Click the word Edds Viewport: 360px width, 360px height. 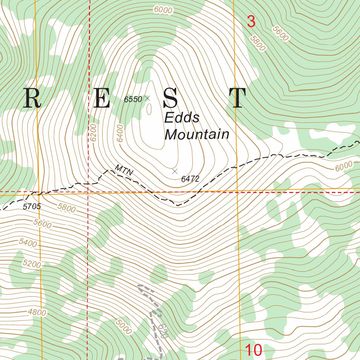[182, 118]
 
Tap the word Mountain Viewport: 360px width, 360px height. [197, 134]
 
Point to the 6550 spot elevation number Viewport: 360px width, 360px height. [133, 99]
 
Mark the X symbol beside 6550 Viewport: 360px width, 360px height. [147, 98]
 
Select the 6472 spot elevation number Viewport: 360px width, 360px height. [190, 179]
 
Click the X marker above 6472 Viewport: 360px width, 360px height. [175, 171]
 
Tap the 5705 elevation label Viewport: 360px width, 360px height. [32, 207]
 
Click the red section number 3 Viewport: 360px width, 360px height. [251, 22]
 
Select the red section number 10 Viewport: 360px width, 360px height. [253, 350]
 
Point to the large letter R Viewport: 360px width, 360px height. [32, 98]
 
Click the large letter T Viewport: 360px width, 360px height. [237, 98]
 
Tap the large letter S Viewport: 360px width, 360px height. [171, 98]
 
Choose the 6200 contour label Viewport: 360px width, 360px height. [93, 133]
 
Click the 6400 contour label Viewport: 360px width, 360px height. [121, 133]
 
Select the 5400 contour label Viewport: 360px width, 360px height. [28, 243]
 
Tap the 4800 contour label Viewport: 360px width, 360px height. [37, 312]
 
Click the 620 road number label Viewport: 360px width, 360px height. [162, 331]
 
